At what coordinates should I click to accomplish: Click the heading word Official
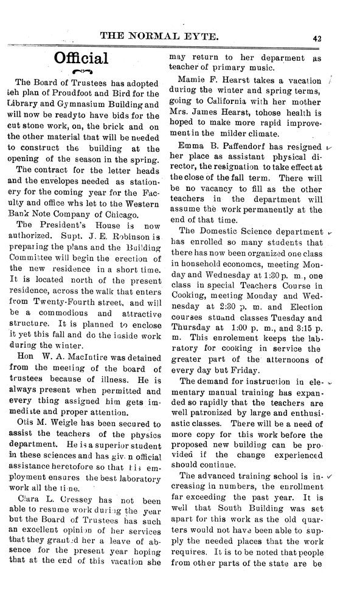tap(81, 58)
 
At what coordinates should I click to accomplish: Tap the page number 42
tap(317, 37)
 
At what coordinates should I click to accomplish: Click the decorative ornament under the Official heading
tap(81, 72)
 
